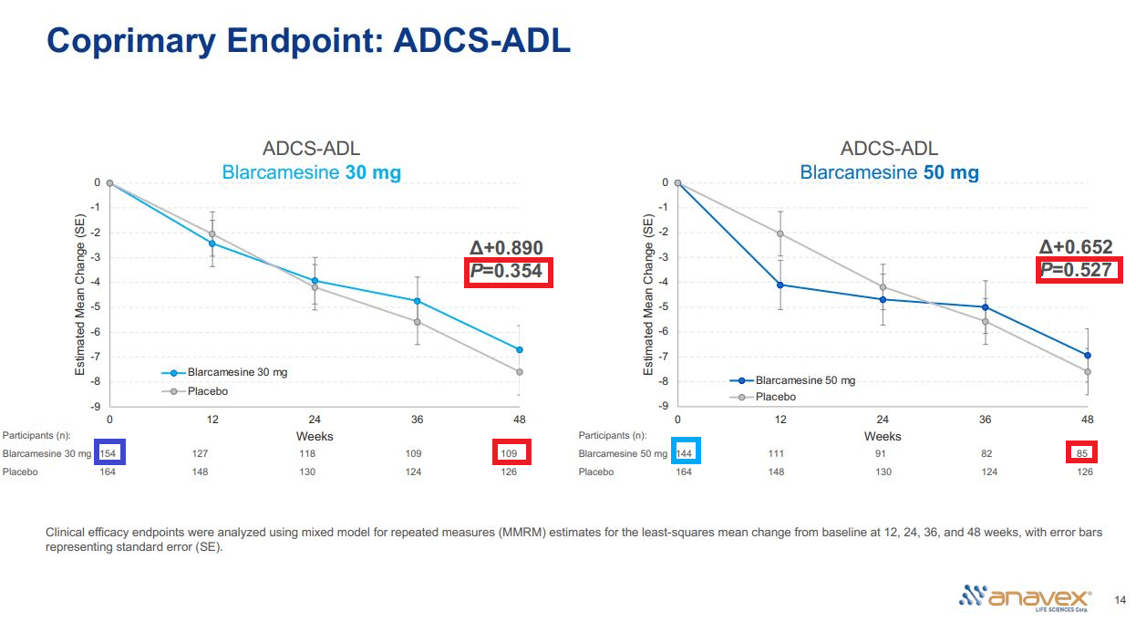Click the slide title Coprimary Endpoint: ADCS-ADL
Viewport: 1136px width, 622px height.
point(308,40)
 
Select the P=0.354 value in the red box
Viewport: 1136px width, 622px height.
point(507,272)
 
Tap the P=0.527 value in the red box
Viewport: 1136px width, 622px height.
point(1076,269)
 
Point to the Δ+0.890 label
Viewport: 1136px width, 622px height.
point(506,248)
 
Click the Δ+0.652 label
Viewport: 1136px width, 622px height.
point(1076,247)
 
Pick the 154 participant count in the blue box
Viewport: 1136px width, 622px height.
point(109,452)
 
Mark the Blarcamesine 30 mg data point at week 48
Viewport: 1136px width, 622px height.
point(520,349)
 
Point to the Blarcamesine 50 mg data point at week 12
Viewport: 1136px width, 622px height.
point(780,285)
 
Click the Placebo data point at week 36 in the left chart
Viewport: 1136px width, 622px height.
point(418,322)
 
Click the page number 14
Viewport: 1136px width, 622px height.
point(1121,599)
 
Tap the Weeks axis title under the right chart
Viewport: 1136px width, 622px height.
point(883,436)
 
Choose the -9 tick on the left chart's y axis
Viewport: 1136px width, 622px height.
point(96,406)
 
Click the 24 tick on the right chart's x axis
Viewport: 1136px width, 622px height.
point(883,420)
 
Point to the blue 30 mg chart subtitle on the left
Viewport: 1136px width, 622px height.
point(312,172)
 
